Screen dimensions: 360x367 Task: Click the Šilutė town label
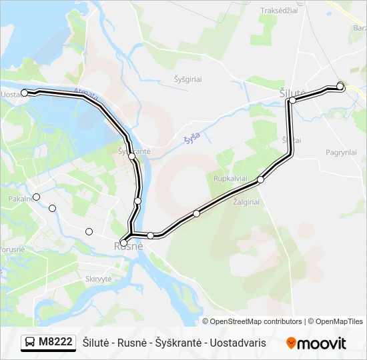pyautogui.click(x=292, y=93)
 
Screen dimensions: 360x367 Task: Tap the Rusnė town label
pyautogui.click(x=129, y=247)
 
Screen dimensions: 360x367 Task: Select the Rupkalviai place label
pyautogui.click(x=230, y=179)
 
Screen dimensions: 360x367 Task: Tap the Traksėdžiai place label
pyautogui.click(x=279, y=10)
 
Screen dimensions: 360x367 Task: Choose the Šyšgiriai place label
pyautogui.click(x=188, y=79)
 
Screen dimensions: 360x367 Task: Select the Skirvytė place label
pyautogui.click(x=98, y=278)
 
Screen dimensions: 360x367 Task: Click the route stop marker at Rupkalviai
pyautogui.click(x=261, y=179)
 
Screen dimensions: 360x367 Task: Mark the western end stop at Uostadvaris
pyautogui.click(x=25, y=93)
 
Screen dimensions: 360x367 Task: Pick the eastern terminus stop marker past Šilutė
pyautogui.click(x=340, y=86)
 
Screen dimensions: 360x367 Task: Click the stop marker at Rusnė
pyautogui.click(x=123, y=243)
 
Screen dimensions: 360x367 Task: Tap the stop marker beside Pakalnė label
pyautogui.click(x=37, y=197)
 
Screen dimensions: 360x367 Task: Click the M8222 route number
pyautogui.click(x=55, y=343)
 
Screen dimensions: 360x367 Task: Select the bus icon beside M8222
pyautogui.click(x=30, y=343)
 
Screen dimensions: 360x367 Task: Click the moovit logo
pyautogui.click(x=316, y=343)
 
